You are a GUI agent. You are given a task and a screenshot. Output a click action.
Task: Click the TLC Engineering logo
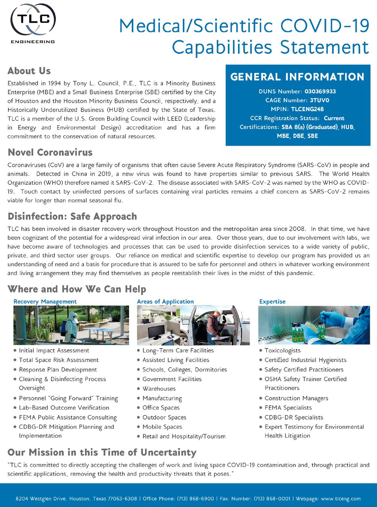(33, 24)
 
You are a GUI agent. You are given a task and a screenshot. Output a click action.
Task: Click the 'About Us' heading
(29, 71)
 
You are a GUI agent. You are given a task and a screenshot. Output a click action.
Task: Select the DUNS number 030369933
(320, 92)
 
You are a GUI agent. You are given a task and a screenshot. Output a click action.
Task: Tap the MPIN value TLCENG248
(307, 109)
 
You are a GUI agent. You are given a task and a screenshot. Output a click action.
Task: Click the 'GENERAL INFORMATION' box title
(297, 77)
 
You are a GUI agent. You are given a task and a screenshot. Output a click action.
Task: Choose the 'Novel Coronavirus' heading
(50, 152)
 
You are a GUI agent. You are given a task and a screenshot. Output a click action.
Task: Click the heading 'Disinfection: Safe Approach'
(72, 217)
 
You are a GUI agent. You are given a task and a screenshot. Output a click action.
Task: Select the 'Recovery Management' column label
(45, 302)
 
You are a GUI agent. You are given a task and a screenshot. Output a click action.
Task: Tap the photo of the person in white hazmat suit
(71, 325)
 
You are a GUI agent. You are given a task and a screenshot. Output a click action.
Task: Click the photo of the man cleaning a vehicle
(193, 325)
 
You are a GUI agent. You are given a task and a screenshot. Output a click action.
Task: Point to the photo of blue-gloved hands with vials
(314, 325)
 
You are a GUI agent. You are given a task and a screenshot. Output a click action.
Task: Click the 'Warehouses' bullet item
(159, 389)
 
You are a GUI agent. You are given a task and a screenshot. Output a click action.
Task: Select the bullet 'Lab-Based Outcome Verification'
(64, 407)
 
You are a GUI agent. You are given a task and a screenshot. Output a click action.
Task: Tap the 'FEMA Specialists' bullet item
(288, 407)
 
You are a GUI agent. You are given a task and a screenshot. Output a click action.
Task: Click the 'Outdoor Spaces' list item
(164, 417)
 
